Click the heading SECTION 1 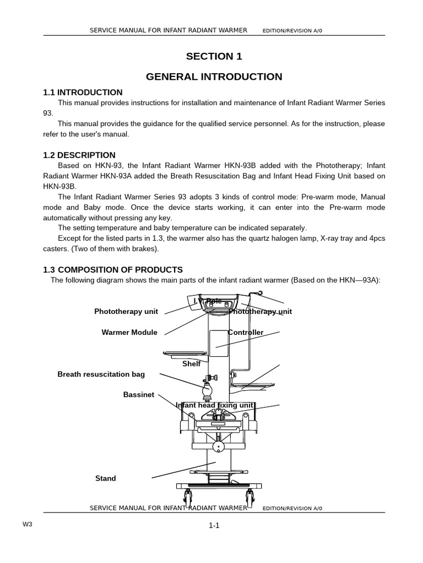coord(214,56)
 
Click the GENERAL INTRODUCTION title coord(214,76)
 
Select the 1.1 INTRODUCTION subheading coord(83,92)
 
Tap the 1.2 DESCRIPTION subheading coord(79,155)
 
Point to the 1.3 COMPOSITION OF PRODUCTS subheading coord(112,269)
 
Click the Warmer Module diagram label coord(129,332)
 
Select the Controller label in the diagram coord(246,332)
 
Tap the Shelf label coord(191,363)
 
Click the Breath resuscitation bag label coord(101,374)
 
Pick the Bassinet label coord(139,395)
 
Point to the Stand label coord(106,478)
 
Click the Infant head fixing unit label coord(215,405)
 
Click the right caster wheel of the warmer coord(251,499)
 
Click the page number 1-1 coord(214,526)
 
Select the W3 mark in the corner coord(28,524)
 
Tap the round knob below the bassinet coord(217,446)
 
